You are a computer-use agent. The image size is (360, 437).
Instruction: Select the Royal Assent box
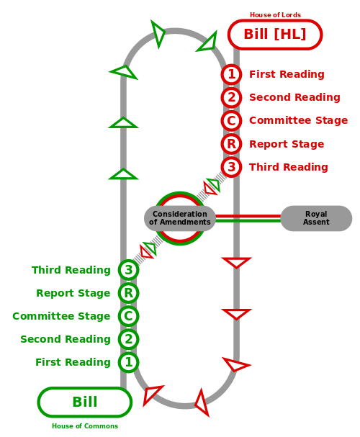coord(316,218)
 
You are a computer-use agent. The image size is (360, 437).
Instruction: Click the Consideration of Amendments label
coord(180,218)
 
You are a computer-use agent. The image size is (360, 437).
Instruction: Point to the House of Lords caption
coord(275,15)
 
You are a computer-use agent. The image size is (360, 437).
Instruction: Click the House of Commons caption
coord(85,426)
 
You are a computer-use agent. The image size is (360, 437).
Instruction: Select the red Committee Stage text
coord(298,120)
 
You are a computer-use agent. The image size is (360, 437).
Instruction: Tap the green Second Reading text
coord(66,339)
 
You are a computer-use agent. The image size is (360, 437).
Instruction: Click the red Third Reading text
coord(289,167)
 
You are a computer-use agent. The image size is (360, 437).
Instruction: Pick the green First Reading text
coord(73,362)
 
